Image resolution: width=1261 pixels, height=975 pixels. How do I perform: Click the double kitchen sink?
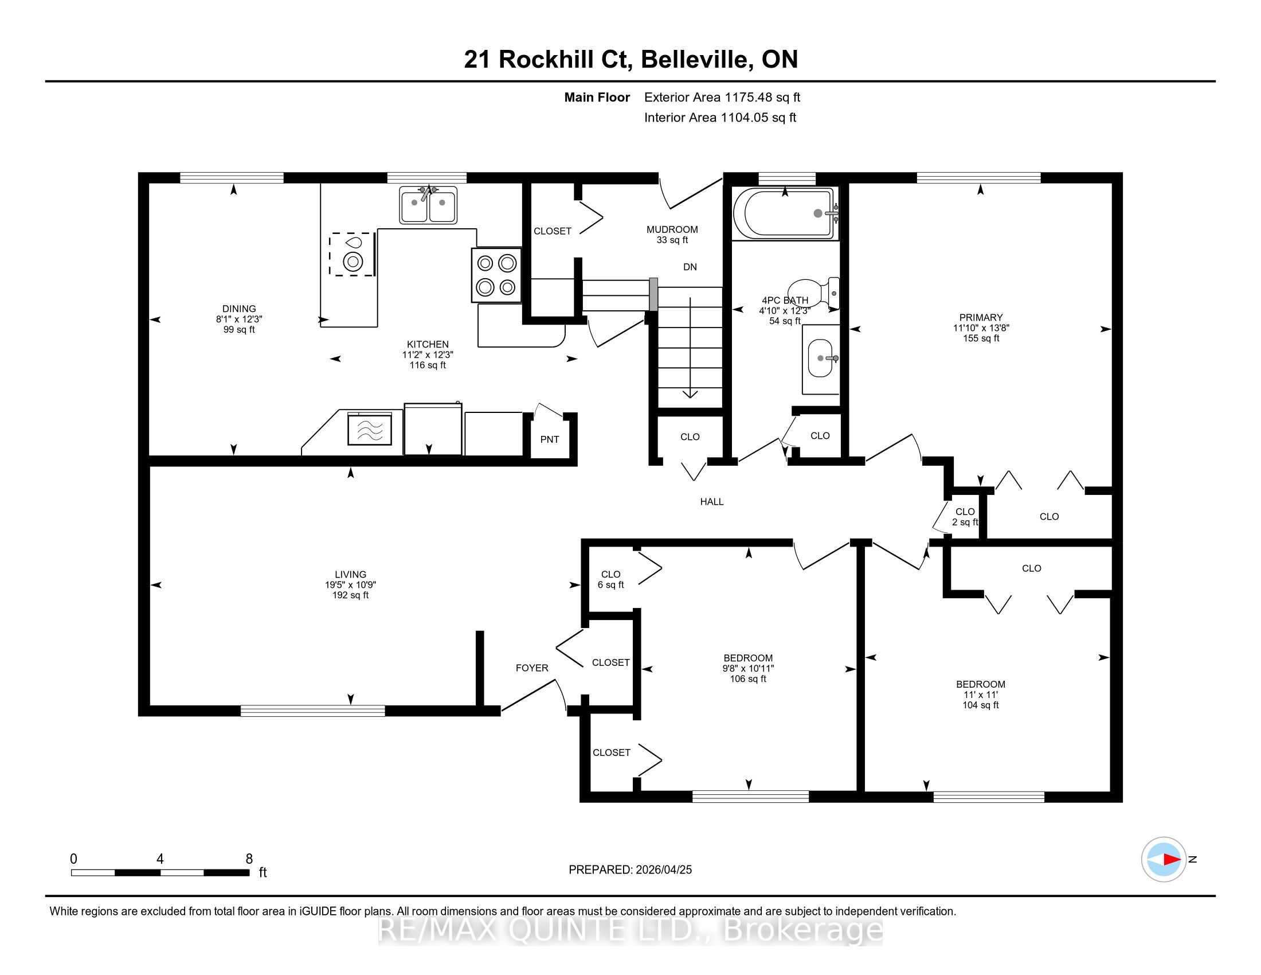point(428,205)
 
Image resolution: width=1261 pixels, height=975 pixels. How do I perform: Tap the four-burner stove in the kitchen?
point(496,275)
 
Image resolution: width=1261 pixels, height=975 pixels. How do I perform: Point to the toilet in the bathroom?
point(813,293)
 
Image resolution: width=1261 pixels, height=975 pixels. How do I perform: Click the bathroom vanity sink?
point(820,358)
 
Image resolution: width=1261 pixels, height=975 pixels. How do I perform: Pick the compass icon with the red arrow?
point(1164,860)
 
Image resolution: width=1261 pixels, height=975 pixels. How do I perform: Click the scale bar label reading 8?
point(249,859)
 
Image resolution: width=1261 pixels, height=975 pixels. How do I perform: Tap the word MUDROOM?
point(672,229)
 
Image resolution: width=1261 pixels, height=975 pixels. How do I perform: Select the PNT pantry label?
point(550,439)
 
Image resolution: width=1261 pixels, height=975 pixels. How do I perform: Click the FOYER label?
point(532,668)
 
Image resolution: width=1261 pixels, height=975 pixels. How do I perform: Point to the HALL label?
point(712,502)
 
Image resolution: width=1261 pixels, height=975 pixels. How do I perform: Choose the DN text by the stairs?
point(690,267)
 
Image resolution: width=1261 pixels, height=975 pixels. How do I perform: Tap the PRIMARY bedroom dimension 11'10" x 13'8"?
point(981,328)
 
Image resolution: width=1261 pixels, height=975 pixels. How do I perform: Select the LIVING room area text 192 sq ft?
point(350,595)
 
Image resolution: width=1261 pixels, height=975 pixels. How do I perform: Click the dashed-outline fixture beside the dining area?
point(352,254)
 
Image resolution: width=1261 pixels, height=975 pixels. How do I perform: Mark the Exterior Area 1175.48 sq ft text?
point(722,97)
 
